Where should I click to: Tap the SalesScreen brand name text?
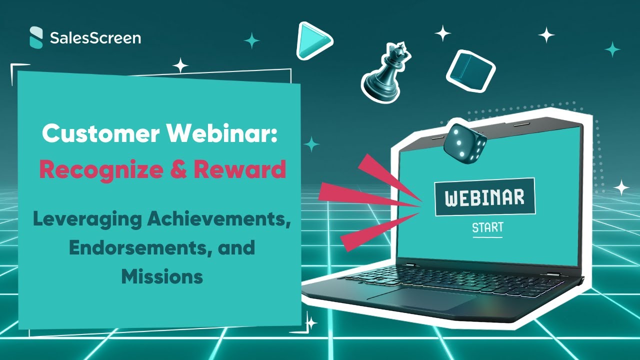[95, 38]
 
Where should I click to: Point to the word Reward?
[239, 170]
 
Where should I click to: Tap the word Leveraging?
[83, 220]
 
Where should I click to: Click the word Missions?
[162, 276]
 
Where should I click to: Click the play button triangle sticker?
[313, 39]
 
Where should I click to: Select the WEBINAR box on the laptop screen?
[484, 197]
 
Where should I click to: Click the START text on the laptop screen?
[487, 228]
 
